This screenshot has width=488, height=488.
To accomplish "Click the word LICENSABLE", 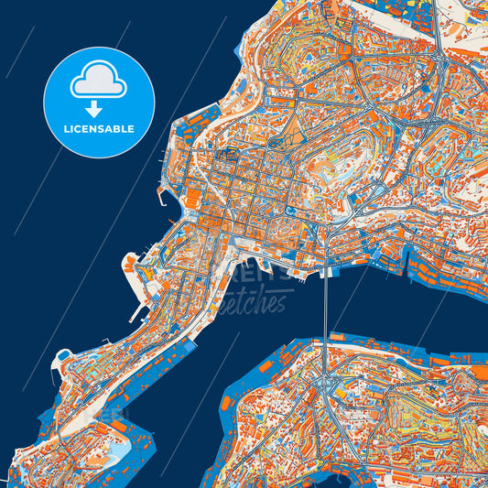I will [99, 129].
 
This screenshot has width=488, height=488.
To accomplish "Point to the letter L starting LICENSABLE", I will [66, 129].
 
